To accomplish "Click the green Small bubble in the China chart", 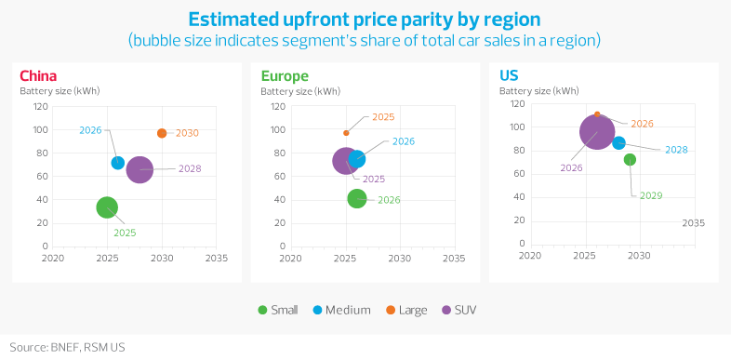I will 107,207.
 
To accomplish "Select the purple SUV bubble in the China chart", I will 140,169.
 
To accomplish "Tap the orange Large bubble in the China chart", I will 162,133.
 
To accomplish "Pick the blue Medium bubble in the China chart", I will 118,163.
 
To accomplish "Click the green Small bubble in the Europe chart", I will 357,198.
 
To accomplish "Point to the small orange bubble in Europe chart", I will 346,133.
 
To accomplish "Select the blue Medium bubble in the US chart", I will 618,142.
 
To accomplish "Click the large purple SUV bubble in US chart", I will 597,132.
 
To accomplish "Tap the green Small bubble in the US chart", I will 630,160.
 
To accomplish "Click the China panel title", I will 38,75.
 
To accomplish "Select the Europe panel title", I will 284,75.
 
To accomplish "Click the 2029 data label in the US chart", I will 651,195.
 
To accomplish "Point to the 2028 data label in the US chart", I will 676,150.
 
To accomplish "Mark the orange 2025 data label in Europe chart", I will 383,117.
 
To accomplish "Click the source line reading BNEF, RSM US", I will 62,347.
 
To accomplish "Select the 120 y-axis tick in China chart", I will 41,106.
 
